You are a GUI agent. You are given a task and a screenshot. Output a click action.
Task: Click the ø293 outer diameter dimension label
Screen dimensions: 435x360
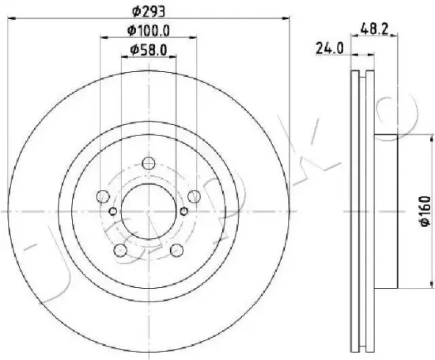coord(149,11)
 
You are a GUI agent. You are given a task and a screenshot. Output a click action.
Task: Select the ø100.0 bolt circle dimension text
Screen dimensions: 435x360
coord(149,31)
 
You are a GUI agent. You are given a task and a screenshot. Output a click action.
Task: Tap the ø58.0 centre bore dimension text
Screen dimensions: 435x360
coord(149,50)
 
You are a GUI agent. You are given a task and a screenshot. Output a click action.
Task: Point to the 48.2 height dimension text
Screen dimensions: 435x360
coord(374,28)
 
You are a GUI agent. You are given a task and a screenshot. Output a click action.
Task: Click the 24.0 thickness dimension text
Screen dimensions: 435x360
coord(330,49)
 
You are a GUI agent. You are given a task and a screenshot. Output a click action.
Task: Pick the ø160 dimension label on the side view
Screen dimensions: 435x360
coord(426,211)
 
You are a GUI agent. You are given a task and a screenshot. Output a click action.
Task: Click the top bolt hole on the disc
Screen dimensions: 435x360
coord(149,163)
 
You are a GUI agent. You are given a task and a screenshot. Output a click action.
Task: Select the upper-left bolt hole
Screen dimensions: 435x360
coord(103,196)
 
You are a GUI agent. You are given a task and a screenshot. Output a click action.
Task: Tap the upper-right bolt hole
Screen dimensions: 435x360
coord(194,196)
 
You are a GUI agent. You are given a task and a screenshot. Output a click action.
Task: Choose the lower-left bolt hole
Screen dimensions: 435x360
coord(120,250)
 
